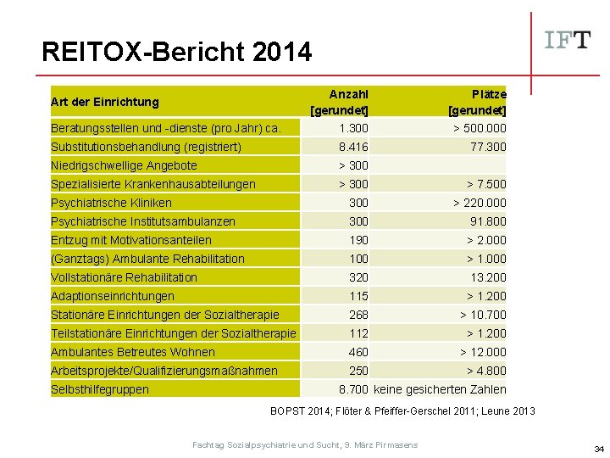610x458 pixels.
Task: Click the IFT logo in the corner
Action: click(x=567, y=40)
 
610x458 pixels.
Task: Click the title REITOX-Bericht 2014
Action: click(x=176, y=53)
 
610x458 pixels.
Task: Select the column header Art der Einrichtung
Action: click(x=105, y=102)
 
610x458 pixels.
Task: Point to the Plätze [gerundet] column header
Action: click(x=479, y=102)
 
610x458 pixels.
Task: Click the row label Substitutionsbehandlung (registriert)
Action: click(x=146, y=147)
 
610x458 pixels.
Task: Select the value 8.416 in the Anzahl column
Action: click(x=353, y=147)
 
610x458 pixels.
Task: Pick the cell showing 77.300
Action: click(x=487, y=147)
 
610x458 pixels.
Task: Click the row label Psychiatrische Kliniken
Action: click(x=111, y=203)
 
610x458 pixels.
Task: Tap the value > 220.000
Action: click(x=480, y=203)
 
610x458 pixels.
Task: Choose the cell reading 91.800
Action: click(x=487, y=221)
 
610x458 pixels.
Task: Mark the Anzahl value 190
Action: click(x=358, y=240)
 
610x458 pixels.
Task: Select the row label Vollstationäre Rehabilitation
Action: click(x=124, y=277)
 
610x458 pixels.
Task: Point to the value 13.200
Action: click(x=487, y=277)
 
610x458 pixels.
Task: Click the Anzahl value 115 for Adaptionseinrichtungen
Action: click(x=358, y=296)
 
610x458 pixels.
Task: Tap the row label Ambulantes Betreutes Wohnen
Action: click(x=133, y=352)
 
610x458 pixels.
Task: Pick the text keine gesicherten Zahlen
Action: click(x=440, y=389)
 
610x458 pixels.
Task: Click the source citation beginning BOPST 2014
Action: click(x=402, y=411)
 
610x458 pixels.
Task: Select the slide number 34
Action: click(x=598, y=449)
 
